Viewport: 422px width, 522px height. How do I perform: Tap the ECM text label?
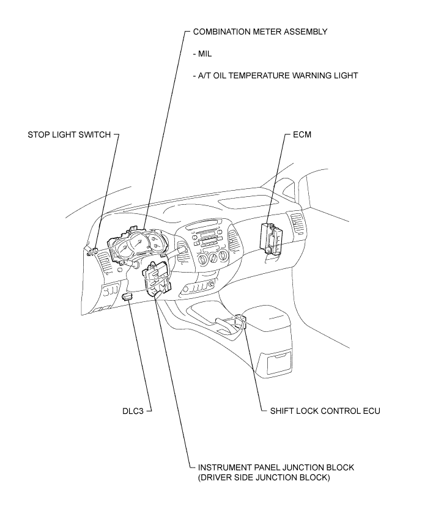pos(302,134)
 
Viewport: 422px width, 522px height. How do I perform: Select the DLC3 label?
pos(133,411)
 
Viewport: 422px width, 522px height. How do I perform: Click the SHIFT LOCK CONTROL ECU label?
pos(325,411)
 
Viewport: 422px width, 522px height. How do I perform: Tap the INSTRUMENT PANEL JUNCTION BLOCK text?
pos(273,467)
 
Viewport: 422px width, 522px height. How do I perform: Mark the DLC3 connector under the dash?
pos(128,296)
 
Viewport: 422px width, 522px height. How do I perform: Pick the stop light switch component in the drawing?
pos(92,251)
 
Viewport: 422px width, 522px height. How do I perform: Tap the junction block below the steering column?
pos(157,278)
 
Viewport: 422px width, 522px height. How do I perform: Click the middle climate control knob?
pos(213,258)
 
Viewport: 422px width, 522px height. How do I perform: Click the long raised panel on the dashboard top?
pos(243,204)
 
